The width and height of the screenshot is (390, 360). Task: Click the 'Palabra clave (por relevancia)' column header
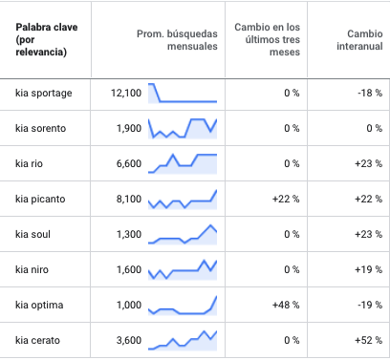click(47, 39)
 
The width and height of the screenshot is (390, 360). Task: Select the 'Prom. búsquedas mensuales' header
click(177, 40)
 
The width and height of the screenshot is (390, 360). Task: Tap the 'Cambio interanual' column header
click(359, 40)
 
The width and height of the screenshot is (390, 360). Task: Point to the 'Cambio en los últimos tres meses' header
click(268, 39)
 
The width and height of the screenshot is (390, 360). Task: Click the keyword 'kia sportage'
click(44, 94)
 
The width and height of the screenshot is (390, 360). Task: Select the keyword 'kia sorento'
click(41, 128)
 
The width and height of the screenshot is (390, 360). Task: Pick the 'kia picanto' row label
click(40, 200)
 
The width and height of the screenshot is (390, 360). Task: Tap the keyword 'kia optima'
click(39, 306)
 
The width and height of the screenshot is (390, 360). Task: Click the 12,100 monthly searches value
click(126, 94)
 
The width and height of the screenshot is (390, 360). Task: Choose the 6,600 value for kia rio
click(129, 164)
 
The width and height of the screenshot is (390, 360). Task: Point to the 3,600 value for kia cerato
click(129, 341)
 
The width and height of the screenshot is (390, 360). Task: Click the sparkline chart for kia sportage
click(183, 94)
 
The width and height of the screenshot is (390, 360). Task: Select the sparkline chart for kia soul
click(183, 235)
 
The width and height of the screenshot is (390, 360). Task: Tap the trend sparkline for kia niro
click(183, 270)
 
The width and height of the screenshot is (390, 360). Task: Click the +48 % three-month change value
click(286, 306)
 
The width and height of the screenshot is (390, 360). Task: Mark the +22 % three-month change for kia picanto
click(286, 200)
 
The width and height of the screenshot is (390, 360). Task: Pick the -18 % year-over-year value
click(370, 94)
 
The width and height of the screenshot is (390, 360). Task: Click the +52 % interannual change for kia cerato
click(369, 341)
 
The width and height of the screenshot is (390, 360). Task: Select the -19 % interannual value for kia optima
click(370, 306)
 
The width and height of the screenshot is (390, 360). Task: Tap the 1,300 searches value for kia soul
click(129, 235)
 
